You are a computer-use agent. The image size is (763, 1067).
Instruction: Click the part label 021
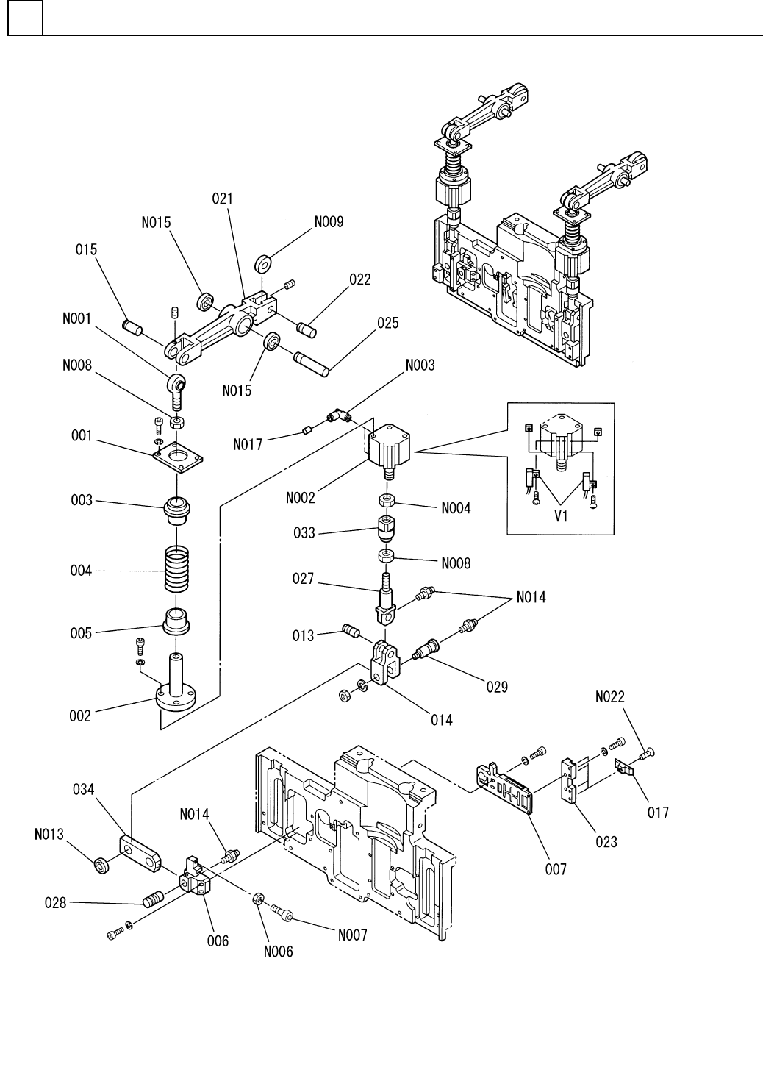point(222,199)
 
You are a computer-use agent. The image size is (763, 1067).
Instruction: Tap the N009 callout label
point(329,222)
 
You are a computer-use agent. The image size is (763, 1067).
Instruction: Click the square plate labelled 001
point(178,455)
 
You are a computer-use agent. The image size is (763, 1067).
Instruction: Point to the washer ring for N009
point(263,263)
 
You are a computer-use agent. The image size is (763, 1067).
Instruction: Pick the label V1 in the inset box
point(561,516)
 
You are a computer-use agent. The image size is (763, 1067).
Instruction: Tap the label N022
point(609,697)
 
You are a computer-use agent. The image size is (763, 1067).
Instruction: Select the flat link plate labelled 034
point(140,854)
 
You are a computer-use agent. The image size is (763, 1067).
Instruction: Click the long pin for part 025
point(312,363)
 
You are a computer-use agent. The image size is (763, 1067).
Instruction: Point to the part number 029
point(497,687)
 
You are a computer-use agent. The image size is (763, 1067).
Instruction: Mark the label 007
point(556,869)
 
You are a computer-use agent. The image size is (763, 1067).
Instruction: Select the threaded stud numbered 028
point(154,899)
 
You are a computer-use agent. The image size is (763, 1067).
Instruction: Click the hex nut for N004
point(386,501)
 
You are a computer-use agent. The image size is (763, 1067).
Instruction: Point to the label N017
point(248,444)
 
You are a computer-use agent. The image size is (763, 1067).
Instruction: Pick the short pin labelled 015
point(132,328)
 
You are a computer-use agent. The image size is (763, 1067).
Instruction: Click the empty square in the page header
point(25,18)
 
